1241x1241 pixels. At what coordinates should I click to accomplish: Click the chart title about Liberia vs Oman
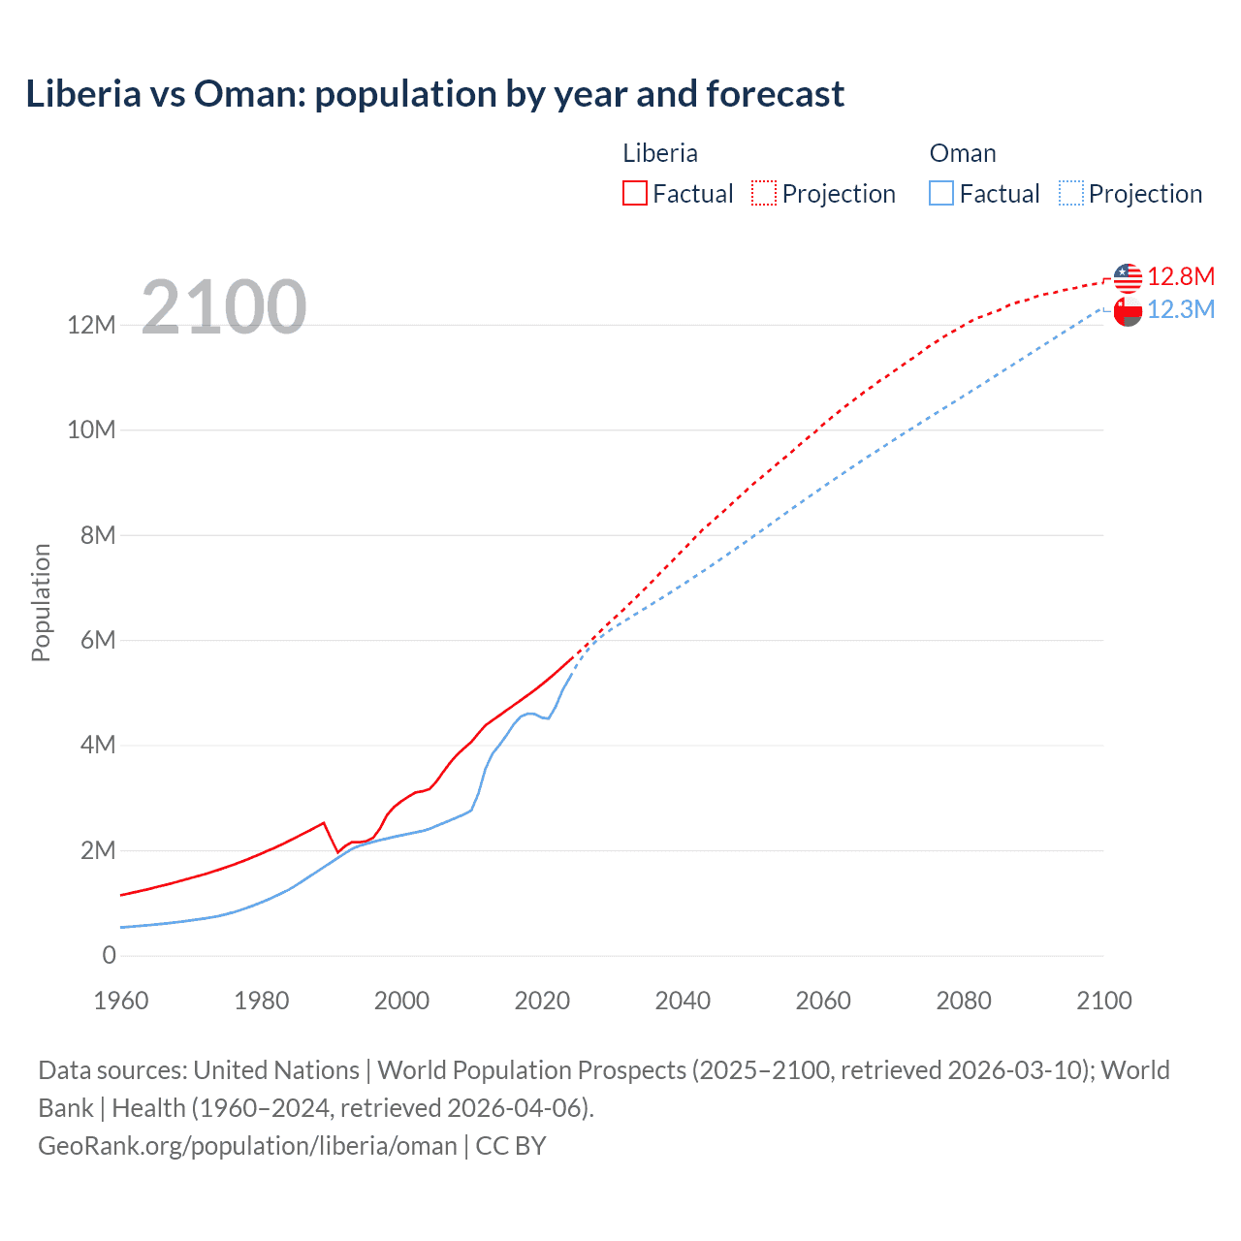[434, 94]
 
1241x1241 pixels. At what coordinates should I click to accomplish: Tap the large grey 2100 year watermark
[224, 307]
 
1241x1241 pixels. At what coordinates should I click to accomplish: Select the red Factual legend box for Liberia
[634, 194]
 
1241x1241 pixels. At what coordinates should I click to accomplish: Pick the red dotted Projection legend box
[764, 194]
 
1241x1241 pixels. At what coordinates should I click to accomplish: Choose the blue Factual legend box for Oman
[940, 194]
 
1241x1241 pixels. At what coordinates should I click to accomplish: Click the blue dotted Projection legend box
[1070, 194]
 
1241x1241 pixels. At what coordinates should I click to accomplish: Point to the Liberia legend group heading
[659, 153]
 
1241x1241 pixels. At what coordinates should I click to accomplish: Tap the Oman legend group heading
[962, 153]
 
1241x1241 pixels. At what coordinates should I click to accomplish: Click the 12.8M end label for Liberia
[1180, 276]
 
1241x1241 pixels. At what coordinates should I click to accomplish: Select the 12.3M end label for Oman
[1180, 309]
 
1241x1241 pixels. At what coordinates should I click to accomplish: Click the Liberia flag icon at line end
[1128, 278]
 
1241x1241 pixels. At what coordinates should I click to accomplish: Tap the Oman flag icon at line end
[1128, 312]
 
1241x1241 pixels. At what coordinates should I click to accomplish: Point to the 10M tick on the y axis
[91, 430]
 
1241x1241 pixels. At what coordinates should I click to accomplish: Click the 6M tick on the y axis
[97, 640]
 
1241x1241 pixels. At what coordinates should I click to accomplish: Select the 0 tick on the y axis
[109, 955]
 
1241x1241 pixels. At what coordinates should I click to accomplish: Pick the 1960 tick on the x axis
[121, 1001]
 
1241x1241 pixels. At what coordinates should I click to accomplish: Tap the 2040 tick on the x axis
[683, 1001]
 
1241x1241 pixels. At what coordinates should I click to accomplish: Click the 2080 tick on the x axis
[964, 1001]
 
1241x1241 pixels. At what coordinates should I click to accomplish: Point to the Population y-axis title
[41, 602]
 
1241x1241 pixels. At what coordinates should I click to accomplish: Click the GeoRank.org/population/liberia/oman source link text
[247, 1146]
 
